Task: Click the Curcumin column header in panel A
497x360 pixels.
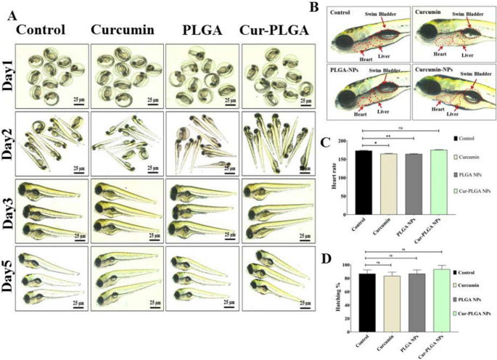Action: click(x=121, y=31)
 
